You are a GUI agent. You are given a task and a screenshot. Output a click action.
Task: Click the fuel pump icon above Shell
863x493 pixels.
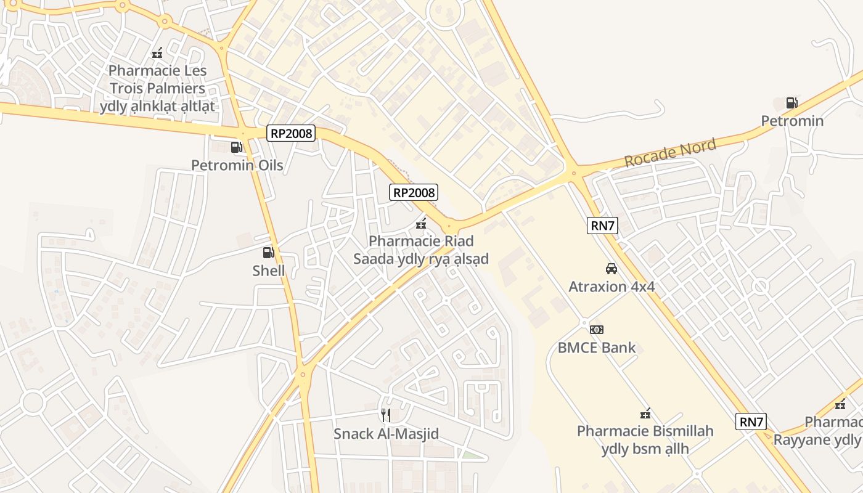pos(268,252)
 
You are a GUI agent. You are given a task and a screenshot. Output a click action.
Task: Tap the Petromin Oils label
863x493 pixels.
pos(237,165)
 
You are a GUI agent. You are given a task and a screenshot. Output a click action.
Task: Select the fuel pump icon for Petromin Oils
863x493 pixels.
pos(236,147)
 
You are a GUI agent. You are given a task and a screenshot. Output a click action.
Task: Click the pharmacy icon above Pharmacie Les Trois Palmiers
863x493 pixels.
pos(157,53)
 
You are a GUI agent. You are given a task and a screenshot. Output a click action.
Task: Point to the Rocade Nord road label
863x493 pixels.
pos(670,153)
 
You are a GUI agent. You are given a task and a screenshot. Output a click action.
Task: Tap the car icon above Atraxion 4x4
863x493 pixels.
pos(611,269)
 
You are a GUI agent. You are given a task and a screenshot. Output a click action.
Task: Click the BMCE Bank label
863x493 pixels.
pos(596,348)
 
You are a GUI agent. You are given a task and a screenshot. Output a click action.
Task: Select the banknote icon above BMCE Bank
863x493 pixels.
pos(596,330)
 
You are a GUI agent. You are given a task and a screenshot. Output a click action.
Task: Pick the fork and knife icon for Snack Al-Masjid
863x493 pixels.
pos(386,415)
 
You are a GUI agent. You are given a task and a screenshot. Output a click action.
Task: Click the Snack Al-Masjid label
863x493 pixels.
pos(386,434)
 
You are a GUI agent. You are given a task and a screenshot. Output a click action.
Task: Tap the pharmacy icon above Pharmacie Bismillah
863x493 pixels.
pos(645,414)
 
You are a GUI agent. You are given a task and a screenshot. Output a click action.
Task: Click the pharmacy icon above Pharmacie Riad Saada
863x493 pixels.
pos(421,223)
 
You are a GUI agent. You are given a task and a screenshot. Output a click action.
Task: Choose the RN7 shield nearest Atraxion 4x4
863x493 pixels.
pos(603,226)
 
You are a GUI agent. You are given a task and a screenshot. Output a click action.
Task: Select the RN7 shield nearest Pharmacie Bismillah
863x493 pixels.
pos(751,422)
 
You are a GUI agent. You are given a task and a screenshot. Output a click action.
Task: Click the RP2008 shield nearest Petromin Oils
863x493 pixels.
pos(291,133)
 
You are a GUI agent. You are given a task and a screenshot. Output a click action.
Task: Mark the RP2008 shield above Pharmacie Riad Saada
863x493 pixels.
pos(414,192)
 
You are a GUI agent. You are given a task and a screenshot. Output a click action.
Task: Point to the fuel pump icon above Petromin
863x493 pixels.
pos(791,103)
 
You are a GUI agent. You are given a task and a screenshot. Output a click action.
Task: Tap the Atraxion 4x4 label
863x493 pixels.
pos(611,287)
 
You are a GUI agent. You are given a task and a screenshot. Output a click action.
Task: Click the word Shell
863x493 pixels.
pos(269,271)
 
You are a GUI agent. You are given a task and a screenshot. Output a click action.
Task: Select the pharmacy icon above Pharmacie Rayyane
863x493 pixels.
pos(840,405)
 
